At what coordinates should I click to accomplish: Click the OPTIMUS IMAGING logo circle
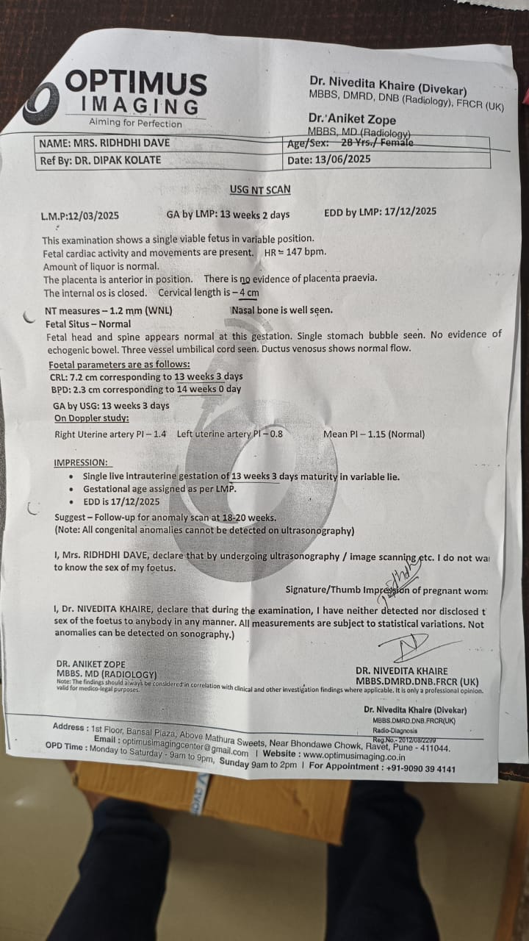[x=40, y=102]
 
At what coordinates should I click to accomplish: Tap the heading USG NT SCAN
[x=260, y=190]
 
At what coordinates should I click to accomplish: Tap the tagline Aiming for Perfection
[x=135, y=123]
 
